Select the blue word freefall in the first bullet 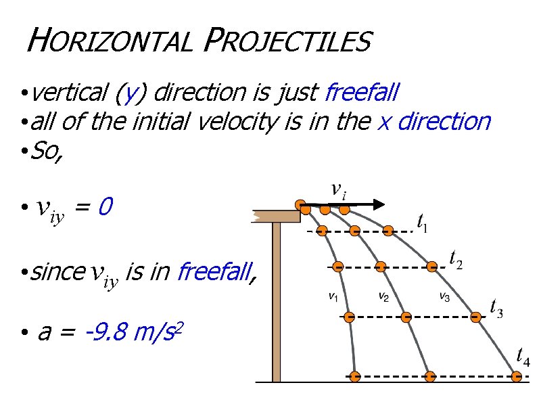(362, 91)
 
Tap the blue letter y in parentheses (126, 92)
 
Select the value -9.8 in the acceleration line (108, 332)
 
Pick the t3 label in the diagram (495, 308)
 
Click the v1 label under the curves (333, 296)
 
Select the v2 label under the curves (383, 296)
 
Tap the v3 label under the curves (444, 296)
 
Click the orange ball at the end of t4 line (518, 376)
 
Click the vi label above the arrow (339, 190)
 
